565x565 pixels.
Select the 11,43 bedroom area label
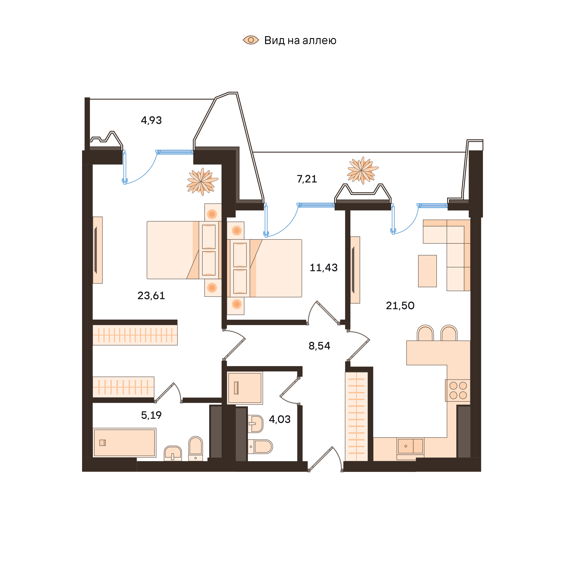323,268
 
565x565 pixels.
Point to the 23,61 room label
151,296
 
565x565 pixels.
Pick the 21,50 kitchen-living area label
400,306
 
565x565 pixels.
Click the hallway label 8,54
319,346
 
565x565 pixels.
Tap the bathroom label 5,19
151,415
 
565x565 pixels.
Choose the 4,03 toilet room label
280,419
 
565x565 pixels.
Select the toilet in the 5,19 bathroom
195,448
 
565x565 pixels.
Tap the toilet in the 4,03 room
260,446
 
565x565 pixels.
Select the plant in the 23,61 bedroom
202,182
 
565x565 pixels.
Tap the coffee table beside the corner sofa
427,271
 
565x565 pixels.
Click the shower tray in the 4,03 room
245,388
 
